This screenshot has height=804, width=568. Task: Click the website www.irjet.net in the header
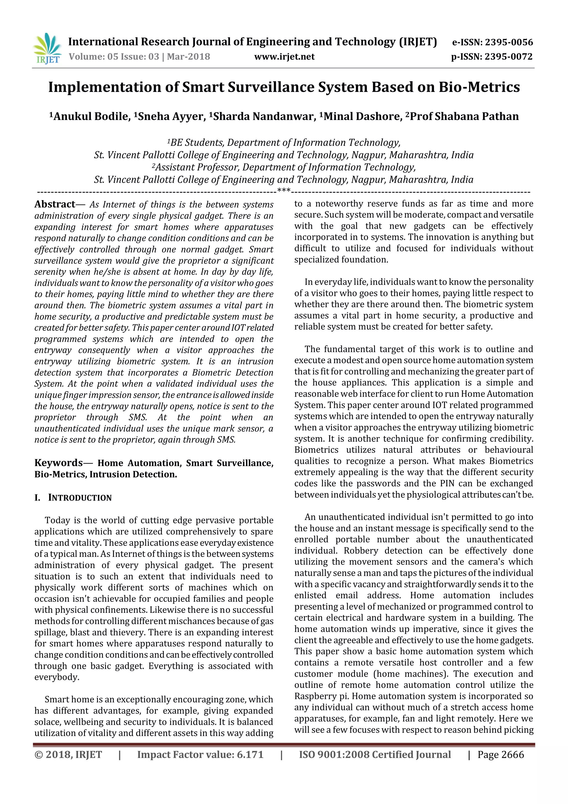284,57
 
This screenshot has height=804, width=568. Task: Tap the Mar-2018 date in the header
189,57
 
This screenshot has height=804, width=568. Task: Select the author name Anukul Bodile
92,116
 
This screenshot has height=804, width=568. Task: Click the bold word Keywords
59,463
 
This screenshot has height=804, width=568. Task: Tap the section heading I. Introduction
73,498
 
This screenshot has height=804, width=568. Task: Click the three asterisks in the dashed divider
284,191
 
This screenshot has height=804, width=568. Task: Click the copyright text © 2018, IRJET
68,755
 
